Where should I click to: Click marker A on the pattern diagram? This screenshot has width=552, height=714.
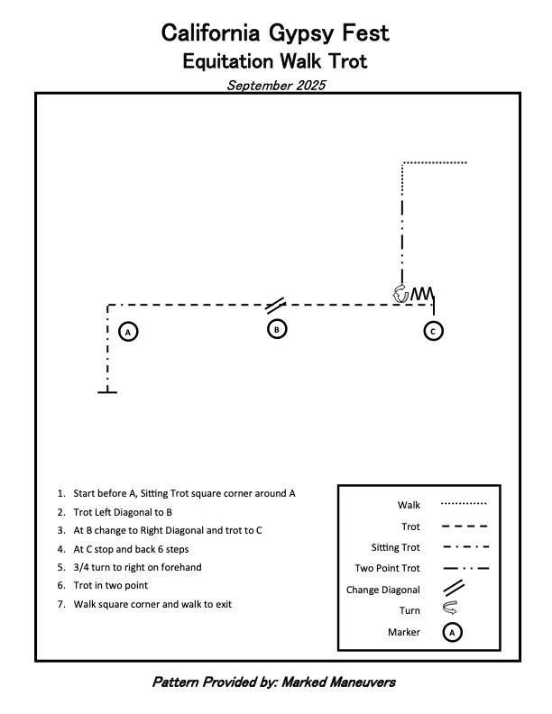(x=128, y=332)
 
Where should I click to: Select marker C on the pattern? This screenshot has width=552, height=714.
(x=433, y=331)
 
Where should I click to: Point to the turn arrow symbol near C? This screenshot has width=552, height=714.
(x=400, y=293)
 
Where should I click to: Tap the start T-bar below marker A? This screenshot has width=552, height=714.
(x=107, y=392)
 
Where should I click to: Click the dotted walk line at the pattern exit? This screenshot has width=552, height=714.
(x=435, y=163)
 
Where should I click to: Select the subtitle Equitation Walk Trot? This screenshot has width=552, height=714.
(x=275, y=61)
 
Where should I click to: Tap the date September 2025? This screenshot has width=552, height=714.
(x=275, y=86)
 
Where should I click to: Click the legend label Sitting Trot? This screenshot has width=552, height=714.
(x=395, y=547)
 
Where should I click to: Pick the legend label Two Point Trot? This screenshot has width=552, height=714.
(x=388, y=569)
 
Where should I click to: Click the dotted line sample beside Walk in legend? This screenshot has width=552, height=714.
(x=465, y=504)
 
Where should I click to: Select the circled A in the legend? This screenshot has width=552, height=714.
(x=455, y=632)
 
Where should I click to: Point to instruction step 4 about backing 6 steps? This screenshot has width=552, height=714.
(x=135, y=548)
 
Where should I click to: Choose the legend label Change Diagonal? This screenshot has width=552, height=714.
(x=382, y=590)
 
